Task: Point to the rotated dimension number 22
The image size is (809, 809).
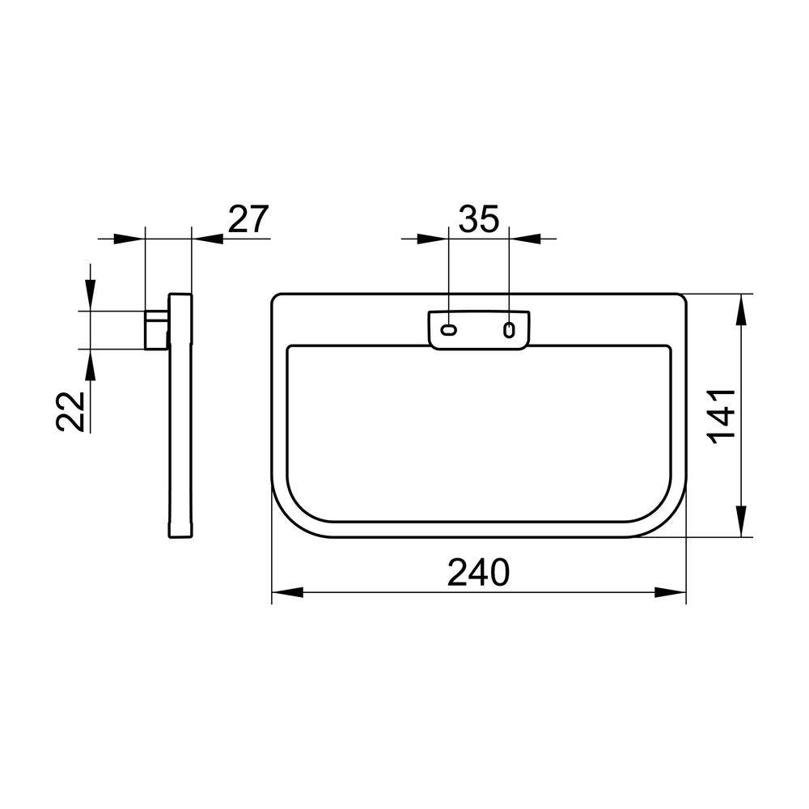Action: [x=70, y=411]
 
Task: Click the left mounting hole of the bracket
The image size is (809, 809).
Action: [x=448, y=330]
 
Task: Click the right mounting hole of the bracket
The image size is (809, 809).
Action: [x=509, y=330]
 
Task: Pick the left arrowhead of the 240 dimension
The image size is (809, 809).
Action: [x=287, y=592]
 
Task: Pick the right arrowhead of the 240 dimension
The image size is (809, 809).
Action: [x=670, y=592]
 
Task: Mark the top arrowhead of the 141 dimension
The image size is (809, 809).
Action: [x=741, y=310]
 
